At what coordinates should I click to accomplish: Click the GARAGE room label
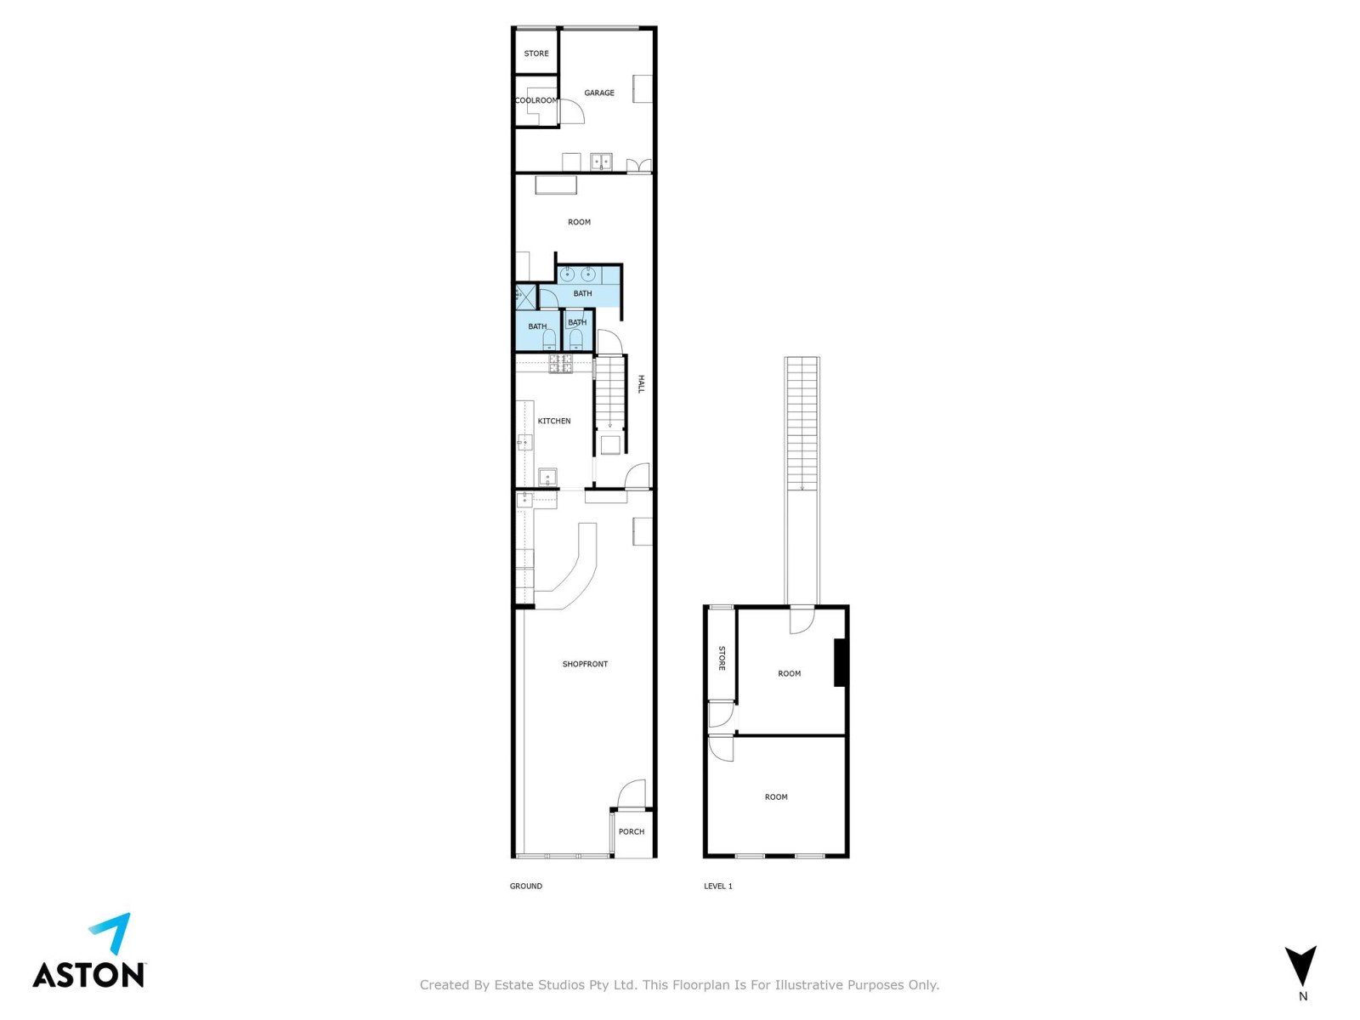(x=599, y=93)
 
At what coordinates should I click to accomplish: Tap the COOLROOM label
(x=536, y=100)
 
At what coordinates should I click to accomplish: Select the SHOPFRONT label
(x=585, y=664)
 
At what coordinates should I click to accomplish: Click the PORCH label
(x=632, y=832)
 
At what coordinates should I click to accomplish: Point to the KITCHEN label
(x=554, y=421)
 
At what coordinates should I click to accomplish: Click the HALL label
(x=641, y=384)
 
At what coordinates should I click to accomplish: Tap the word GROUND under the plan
(x=526, y=887)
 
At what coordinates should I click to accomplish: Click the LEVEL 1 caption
(x=718, y=887)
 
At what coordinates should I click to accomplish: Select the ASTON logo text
(x=88, y=975)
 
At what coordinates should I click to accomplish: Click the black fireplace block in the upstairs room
(x=840, y=663)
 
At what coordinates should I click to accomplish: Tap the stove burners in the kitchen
(x=561, y=364)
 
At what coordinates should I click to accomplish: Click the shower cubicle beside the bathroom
(x=526, y=297)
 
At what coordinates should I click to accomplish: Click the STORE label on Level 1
(x=722, y=658)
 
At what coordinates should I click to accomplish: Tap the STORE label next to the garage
(x=536, y=54)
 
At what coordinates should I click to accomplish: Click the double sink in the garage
(x=600, y=161)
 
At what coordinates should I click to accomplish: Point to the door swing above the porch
(x=632, y=794)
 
